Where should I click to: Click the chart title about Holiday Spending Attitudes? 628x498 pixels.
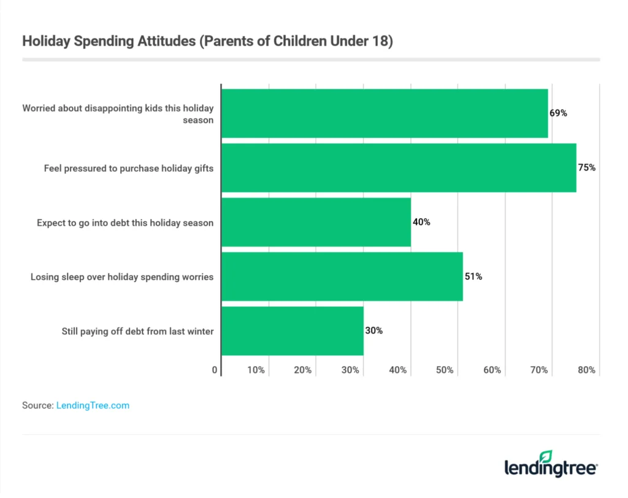point(207,42)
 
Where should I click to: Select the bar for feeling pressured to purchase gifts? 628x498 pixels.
point(399,167)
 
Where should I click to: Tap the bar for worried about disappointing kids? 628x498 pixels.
point(385,113)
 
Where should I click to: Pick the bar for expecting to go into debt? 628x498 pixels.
point(316,222)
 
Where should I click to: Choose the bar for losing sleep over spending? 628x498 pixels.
point(342,277)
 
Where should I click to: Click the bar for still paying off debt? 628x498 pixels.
point(292,331)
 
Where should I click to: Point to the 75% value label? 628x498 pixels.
point(587,167)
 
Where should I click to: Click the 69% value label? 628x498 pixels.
point(558,113)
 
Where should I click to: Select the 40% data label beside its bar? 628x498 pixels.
point(421,222)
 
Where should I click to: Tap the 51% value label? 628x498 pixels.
point(473,277)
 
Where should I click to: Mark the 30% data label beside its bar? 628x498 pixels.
point(373,331)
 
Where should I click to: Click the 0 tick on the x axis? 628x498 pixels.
point(215,370)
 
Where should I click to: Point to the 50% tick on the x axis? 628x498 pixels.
point(445,370)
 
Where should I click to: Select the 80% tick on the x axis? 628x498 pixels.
point(586,370)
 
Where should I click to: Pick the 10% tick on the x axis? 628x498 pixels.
point(256,370)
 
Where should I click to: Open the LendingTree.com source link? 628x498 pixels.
point(93,405)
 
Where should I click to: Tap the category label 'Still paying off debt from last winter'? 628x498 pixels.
point(137,331)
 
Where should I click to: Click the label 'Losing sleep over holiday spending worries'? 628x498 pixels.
point(122,277)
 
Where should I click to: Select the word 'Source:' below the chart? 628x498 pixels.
point(37,405)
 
